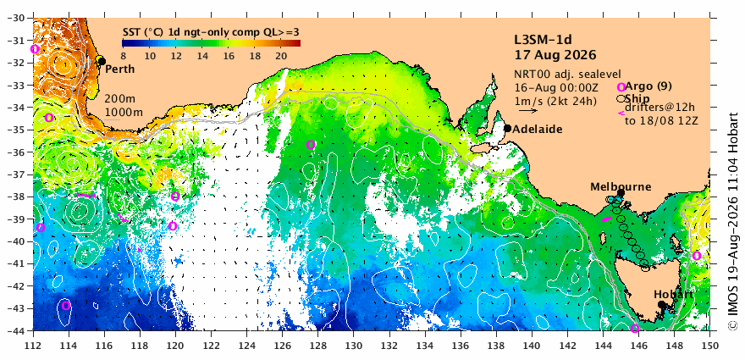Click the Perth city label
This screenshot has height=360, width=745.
(x=119, y=69)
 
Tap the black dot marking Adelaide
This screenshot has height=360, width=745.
(x=507, y=128)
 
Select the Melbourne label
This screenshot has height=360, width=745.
(x=621, y=187)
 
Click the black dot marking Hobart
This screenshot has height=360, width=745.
(x=661, y=304)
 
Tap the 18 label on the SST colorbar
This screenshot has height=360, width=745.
(x=254, y=56)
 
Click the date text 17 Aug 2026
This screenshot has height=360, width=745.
(x=555, y=55)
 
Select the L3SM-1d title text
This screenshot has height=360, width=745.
(x=543, y=39)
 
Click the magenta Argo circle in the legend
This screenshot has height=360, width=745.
(x=621, y=87)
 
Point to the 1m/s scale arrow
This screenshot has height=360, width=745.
(x=528, y=111)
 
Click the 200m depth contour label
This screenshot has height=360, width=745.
(x=119, y=100)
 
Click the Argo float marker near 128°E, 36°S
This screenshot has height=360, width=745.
(x=311, y=145)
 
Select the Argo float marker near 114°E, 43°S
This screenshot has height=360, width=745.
(x=65, y=305)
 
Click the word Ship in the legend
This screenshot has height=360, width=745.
(x=637, y=98)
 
